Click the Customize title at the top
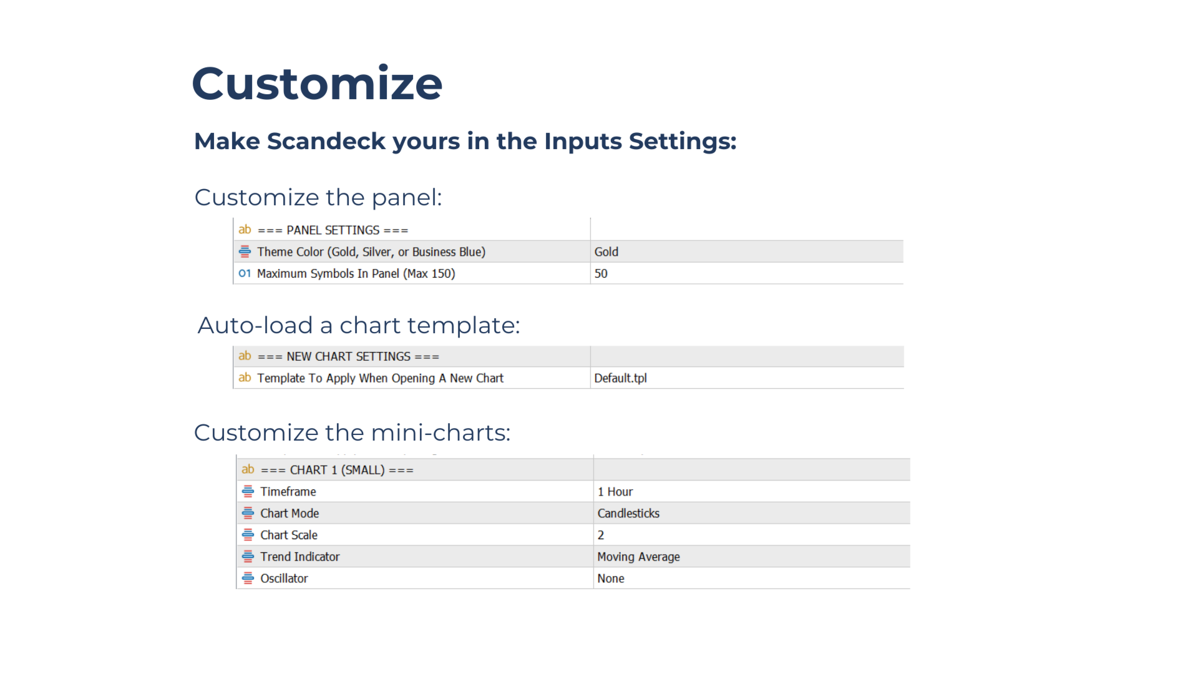(317, 84)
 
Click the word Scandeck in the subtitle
(326, 141)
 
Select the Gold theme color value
(606, 252)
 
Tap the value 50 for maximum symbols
(601, 273)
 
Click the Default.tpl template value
(620, 378)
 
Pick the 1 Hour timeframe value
(615, 492)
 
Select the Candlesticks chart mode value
(628, 513)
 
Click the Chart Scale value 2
(600, 535)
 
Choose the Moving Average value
(638, 557)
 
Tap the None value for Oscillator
(610, 579)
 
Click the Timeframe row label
(288, 492)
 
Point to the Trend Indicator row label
(299, 557)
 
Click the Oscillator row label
(284, 579)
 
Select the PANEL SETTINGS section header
(333, 230)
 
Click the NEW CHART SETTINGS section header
(348, 356)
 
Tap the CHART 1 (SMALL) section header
(337, 470)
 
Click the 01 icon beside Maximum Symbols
(245, 273)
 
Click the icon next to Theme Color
(245, 252)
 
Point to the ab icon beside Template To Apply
(245, 378)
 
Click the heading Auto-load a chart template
(359, 325)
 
